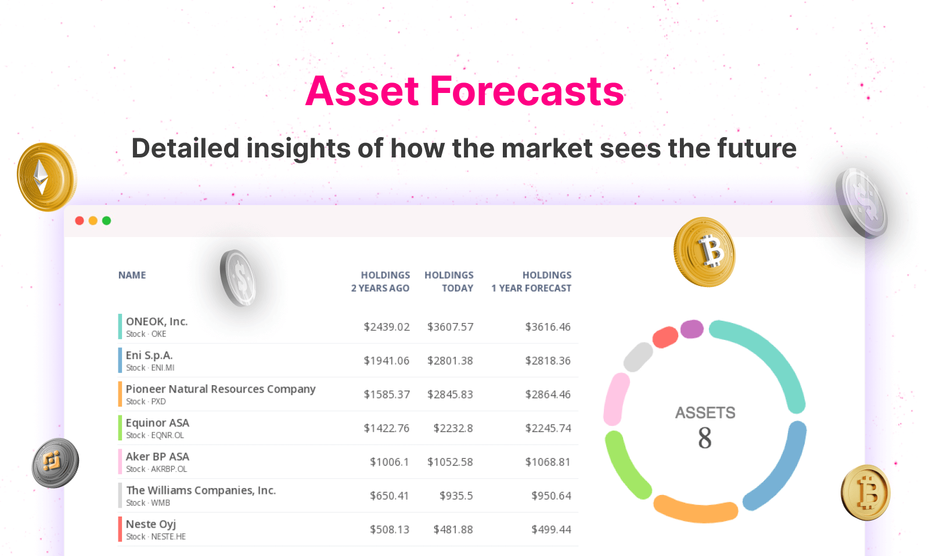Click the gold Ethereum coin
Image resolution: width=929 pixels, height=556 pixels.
point(46,177)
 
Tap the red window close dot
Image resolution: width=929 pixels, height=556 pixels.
point(80,221)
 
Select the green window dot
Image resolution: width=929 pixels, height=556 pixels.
point(107,221)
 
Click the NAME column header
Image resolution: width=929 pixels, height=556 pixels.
point(132,275)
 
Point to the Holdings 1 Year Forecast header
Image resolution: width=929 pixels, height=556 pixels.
point(531,281)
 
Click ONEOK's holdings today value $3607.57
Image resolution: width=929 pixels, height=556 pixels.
point(451,327)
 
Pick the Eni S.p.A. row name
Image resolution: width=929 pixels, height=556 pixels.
point(149,355)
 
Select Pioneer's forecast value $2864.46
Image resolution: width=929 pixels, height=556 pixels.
point(548,394)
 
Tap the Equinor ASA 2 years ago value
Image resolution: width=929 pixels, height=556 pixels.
point(387,428)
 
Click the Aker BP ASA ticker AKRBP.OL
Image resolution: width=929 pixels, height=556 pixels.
point(169,469)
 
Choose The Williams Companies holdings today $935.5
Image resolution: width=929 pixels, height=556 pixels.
point(456,496)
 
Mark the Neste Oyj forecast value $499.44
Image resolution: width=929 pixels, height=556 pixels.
point(551,529)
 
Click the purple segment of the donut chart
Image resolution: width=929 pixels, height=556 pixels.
point(692,329)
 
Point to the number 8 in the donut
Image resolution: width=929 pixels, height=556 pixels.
point(705,437)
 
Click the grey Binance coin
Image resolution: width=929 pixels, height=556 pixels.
point(55,462)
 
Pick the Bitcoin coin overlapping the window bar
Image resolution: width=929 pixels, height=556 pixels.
point(704,252)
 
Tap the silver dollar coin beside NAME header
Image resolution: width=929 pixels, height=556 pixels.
point(237,278)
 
